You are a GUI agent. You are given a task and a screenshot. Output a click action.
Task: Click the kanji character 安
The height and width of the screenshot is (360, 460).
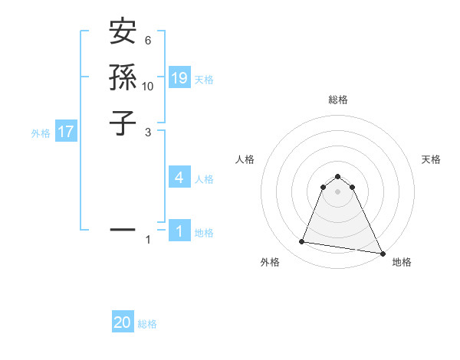123,32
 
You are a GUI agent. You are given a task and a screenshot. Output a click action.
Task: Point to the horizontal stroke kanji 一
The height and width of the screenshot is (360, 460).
123,228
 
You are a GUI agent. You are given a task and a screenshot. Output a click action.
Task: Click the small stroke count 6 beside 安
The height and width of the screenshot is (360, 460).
148,40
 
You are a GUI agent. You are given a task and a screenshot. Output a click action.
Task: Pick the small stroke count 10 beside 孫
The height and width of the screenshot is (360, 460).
148,86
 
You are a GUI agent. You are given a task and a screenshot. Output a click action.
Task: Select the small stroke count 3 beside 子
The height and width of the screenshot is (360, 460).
148,132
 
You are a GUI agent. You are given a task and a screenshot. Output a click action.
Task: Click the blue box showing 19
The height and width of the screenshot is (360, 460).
179,77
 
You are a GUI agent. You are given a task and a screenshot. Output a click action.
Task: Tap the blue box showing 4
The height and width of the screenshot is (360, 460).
179,178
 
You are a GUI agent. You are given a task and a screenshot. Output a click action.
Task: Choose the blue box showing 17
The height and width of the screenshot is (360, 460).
66,132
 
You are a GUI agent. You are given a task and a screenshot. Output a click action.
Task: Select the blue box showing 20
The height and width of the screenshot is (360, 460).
123,323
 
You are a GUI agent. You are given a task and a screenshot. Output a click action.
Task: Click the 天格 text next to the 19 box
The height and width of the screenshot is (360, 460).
204,80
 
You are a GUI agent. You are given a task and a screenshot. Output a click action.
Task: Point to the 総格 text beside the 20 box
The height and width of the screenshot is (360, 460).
147,325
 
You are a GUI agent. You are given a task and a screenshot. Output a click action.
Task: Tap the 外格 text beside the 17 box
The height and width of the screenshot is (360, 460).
41,133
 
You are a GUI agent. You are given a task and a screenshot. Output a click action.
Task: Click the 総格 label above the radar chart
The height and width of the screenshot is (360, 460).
338,100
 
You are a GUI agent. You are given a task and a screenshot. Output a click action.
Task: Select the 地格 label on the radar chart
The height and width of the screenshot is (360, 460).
402,263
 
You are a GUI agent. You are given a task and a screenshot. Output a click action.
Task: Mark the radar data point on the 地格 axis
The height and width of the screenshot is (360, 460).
382,253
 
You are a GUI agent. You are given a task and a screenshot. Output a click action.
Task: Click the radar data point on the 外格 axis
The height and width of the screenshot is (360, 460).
302,242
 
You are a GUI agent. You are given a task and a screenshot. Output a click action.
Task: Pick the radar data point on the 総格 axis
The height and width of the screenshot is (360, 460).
338,174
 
